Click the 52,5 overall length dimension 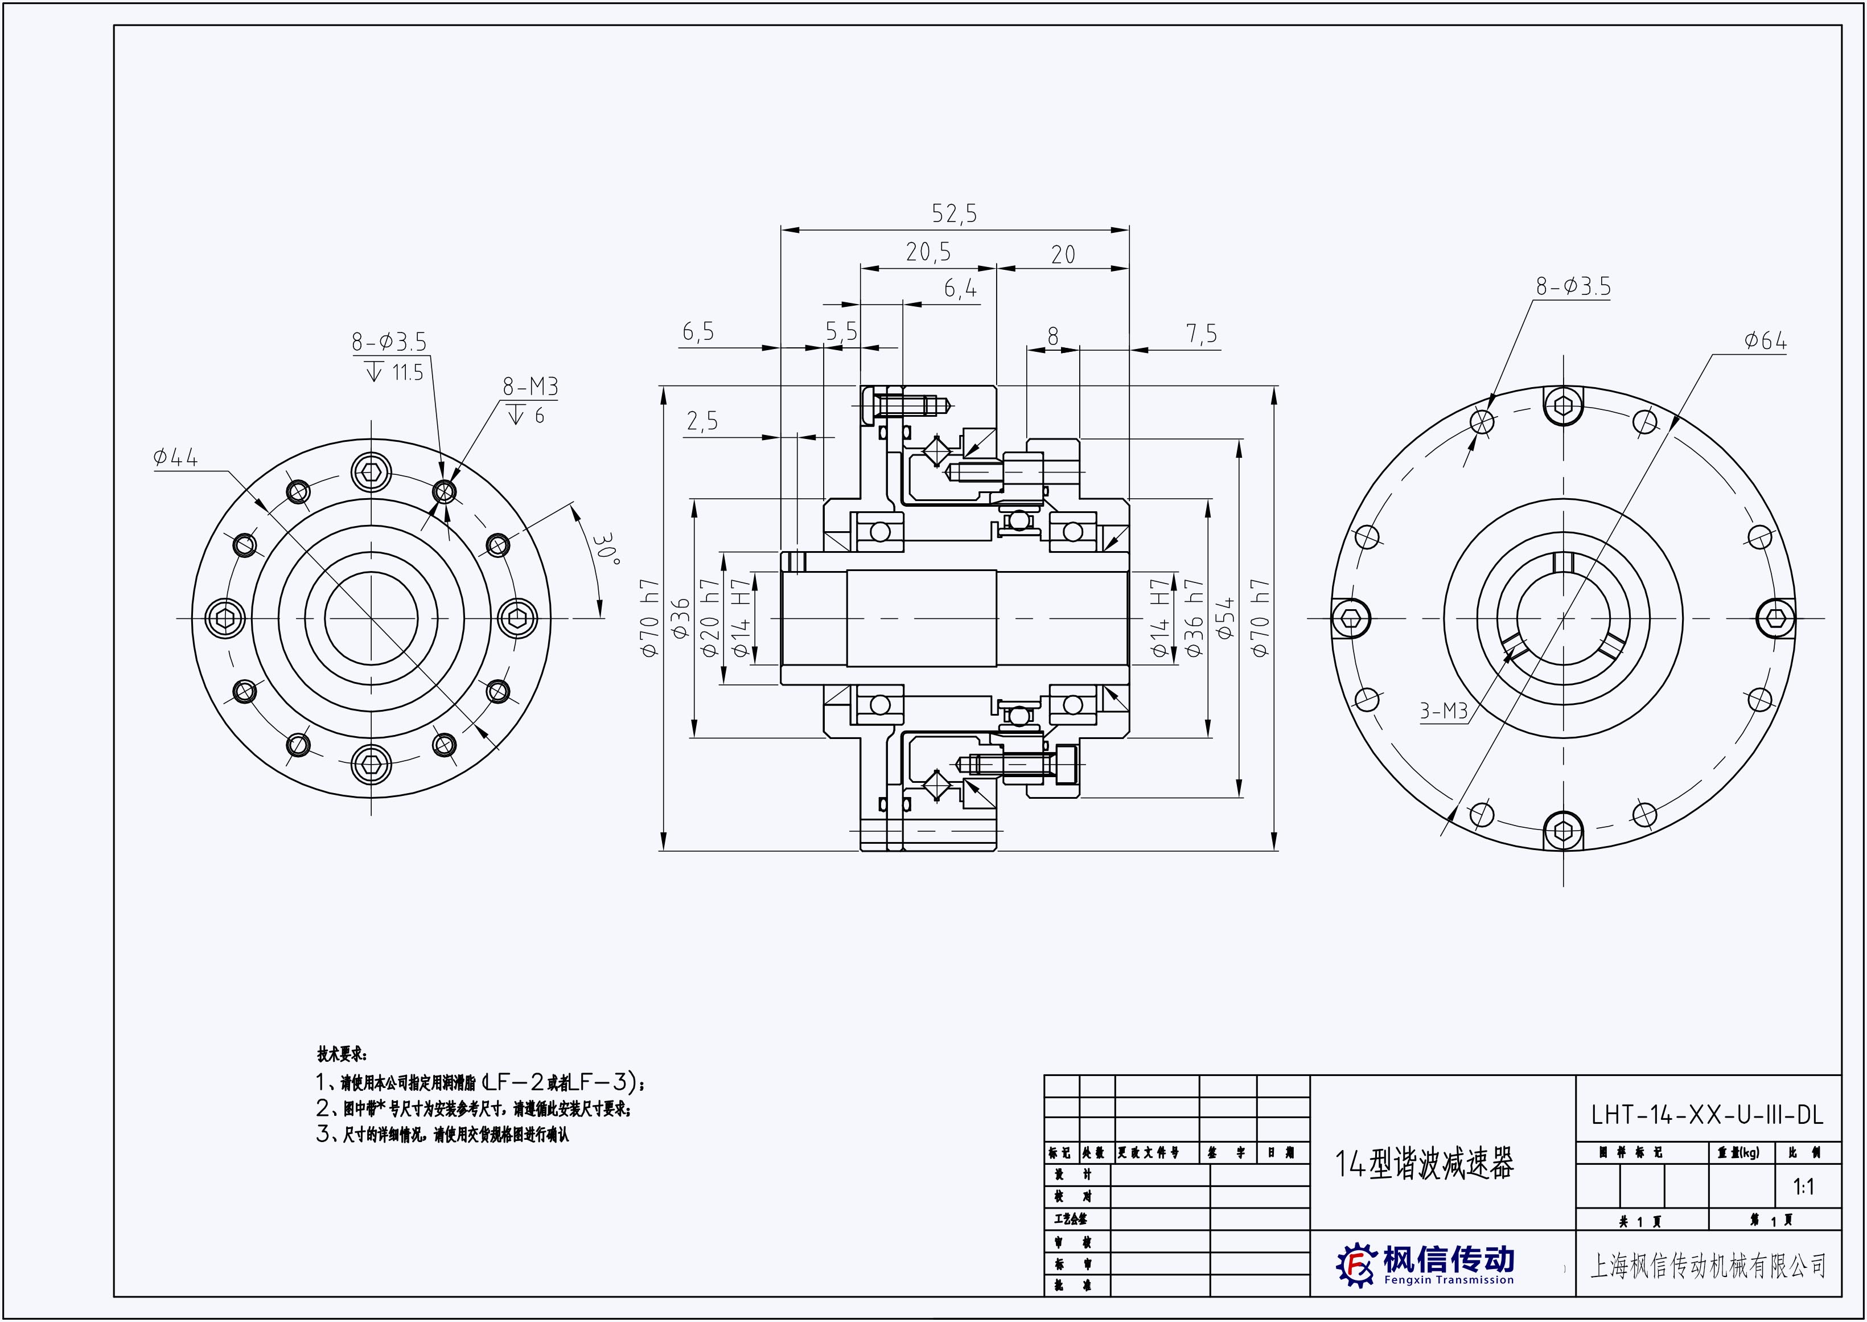[954, 214]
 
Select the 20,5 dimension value [928, 252]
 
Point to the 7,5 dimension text [1201, 334]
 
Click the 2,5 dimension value [702, 422]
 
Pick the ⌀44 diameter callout [175, 458]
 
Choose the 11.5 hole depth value [408, 373]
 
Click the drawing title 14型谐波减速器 [1424, 1165]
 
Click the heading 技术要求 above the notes [342, 1055]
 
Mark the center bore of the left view [371, 618]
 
